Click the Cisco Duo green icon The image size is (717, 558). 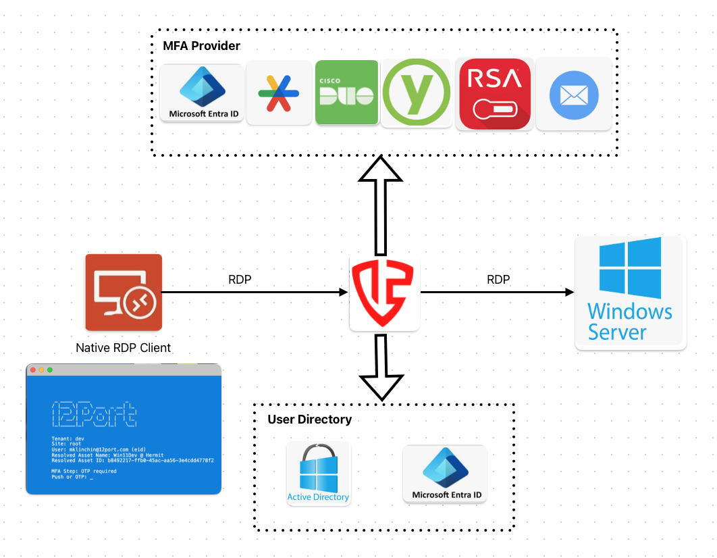346,93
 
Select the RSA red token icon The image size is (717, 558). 495,93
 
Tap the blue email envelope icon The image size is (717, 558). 573,94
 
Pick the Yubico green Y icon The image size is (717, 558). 416,93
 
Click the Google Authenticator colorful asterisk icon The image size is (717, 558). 279,93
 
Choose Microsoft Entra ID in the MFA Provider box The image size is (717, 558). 203,93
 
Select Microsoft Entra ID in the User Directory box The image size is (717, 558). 444,474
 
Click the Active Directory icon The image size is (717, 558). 318,474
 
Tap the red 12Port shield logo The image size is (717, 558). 383,293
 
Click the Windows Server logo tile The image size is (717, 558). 630,292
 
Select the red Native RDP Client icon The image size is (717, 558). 124,292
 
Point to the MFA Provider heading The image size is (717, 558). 201,46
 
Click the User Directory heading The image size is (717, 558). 309,420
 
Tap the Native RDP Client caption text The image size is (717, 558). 123,348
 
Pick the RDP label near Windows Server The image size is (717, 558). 498,279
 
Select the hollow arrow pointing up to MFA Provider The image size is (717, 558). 380,203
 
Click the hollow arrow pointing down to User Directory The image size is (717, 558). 382,368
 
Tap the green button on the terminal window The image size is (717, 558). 50,370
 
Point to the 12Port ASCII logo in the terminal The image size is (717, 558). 95,414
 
